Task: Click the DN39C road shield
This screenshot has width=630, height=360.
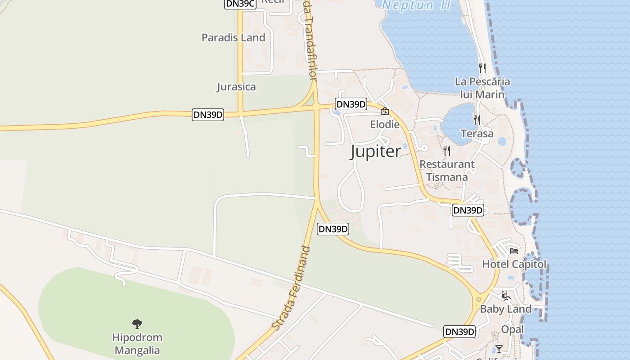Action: pos(240,4)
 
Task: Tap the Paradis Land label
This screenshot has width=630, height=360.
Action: pos(233,38)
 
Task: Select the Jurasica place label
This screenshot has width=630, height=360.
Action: pos(236,87)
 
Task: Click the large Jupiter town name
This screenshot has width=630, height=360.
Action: pos(375,152)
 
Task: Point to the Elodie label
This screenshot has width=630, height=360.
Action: pos(385,124)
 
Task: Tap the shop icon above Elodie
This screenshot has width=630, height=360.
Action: pos(385,111)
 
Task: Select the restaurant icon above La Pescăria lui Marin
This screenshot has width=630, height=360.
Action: pos(482,68)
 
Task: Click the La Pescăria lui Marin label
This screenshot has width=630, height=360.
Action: pos(482,88)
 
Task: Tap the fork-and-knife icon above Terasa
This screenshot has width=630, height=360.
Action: pos(477,120)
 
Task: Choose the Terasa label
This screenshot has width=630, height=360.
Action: pos(477,134)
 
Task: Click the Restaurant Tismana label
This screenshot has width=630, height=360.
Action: pos(447,171)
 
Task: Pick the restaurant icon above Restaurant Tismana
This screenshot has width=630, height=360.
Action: pos(447,151)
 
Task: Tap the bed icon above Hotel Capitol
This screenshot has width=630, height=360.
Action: pos(514,251)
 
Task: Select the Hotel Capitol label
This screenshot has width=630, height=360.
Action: pos(514,264)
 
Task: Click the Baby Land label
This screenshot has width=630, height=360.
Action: pos(506,309)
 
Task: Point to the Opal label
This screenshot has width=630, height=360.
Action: pos(513,329)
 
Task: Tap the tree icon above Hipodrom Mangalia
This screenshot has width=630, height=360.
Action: pos(137,324)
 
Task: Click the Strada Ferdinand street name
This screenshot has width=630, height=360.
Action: pos(291,288)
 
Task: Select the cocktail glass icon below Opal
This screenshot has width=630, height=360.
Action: pos(499,349)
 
